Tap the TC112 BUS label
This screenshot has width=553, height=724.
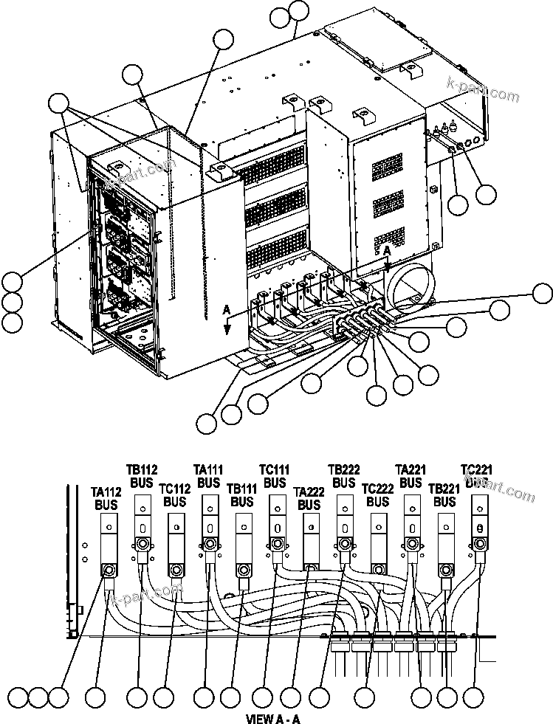click(175, 495)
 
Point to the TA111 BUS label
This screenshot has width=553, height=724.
click(208, 476)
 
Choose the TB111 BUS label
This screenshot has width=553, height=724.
click(241, 495)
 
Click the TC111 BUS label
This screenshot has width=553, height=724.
click(275, 476)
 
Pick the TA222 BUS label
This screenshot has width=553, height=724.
click(308, 497)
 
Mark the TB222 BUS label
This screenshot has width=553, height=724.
click(343, 476)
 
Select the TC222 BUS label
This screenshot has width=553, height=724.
click(377, 495)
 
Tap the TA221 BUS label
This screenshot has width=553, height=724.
click(411, 476)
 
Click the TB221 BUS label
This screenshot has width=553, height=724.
click(444, 495)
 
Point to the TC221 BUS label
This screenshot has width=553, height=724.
click(476, 476)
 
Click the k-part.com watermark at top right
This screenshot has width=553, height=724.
click(483, 89)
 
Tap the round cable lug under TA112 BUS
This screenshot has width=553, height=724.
click(109, 570)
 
